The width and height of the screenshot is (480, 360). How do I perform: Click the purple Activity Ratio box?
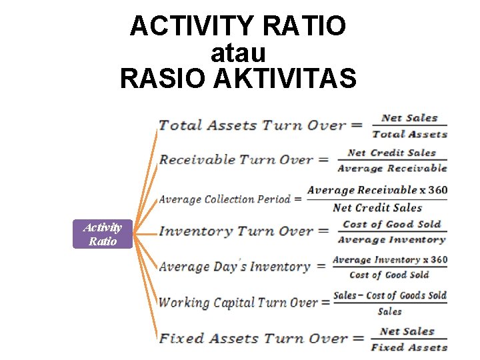[103, 234]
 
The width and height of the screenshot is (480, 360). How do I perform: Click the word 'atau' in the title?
[238, 53]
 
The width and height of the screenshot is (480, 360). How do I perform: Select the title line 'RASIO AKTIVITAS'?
[238, 78]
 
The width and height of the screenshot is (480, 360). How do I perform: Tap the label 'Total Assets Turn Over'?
[252, 125]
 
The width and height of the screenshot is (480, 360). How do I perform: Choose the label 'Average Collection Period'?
[225, 199]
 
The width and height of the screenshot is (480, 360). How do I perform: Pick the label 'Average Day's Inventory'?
[235, 267]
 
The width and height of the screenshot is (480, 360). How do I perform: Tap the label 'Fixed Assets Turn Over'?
[253, 338]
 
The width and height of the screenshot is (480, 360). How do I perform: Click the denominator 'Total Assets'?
[409, 134]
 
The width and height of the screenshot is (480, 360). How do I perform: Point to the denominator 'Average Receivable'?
[392, 169]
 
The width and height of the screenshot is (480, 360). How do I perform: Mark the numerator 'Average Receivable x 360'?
[377, 191]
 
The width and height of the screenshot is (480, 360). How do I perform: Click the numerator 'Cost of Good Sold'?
[392, 225]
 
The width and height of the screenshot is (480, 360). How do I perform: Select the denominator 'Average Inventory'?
[392, 240]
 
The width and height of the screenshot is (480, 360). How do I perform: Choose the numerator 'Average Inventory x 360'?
[390, 260]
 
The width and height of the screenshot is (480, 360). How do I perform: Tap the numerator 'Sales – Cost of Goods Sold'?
[390, 295]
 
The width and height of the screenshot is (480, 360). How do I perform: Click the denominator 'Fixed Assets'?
[409, 347]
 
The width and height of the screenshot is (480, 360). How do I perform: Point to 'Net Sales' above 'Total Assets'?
[409, 118]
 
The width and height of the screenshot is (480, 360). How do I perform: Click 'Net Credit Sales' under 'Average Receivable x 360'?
[377, 208]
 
